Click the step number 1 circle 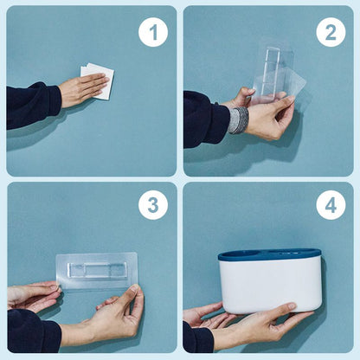(153, 32)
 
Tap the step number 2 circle (331, 32)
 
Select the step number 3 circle (153, 205)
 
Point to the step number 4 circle (331, 205)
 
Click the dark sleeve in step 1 (32, 106)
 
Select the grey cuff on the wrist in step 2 (238, 120)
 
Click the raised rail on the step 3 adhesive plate (97, 270)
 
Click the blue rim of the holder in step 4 (269, 255)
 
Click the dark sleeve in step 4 (198, 338)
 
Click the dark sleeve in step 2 (206, 119)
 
